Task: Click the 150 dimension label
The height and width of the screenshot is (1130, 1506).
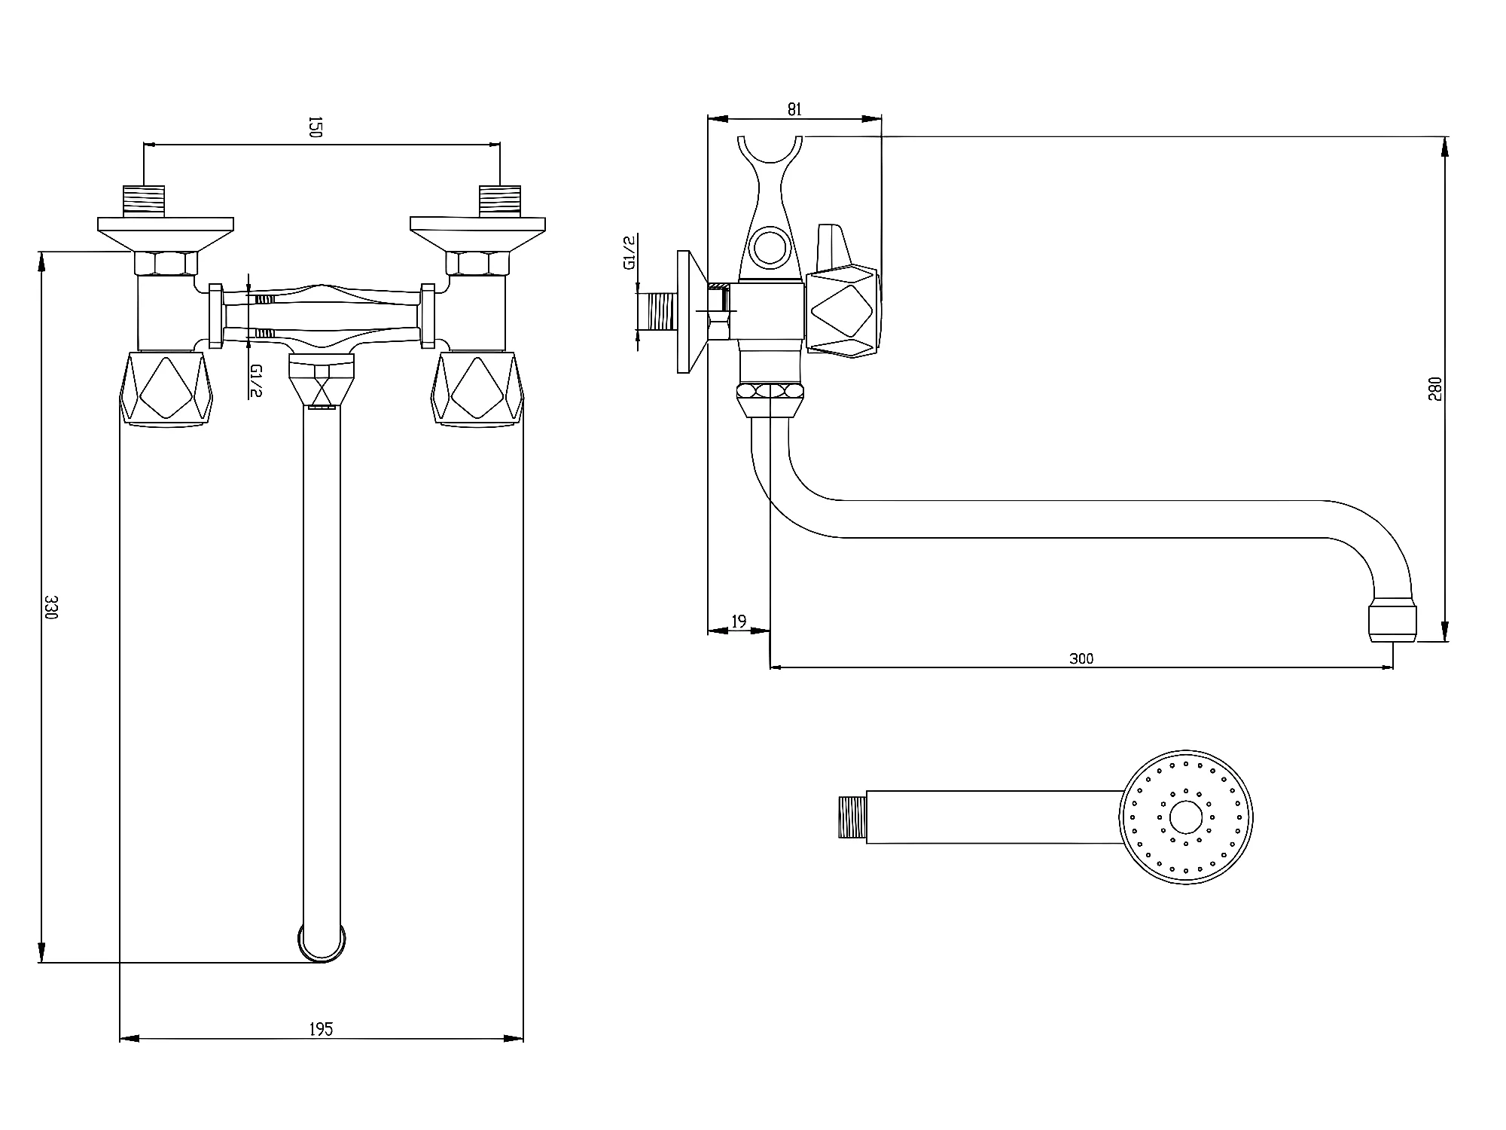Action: click(316, 127)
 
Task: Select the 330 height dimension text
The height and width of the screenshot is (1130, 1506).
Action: click(51, 606)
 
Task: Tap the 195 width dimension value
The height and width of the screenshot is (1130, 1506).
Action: click(321, 1028)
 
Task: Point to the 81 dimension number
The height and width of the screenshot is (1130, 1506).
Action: click(794, 109)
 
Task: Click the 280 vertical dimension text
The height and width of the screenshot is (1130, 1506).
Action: click(1434, 389)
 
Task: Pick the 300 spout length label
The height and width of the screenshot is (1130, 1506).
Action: click(1081, 658)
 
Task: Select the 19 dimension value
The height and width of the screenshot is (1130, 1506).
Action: click(739, 621)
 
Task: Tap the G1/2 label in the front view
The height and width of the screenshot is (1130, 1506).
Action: click(256, 380)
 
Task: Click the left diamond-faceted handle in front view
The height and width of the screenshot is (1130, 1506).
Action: click(166, 389)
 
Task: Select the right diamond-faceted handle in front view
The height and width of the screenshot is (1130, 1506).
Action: click(477, 389)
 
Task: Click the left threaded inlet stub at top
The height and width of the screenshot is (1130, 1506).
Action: click(144, 200)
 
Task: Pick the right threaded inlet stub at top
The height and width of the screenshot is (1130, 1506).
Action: click(500, 200)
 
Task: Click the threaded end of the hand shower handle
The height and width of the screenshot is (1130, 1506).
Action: click(852, 817)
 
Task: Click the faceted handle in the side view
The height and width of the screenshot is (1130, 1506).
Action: click(843, 310)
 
